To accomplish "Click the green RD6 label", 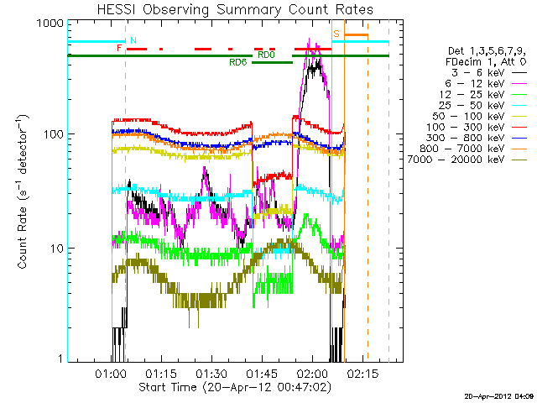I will click(x=237, y=62).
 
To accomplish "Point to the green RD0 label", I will click(x=265, y=55).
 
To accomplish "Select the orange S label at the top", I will click(x=336, y=34).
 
